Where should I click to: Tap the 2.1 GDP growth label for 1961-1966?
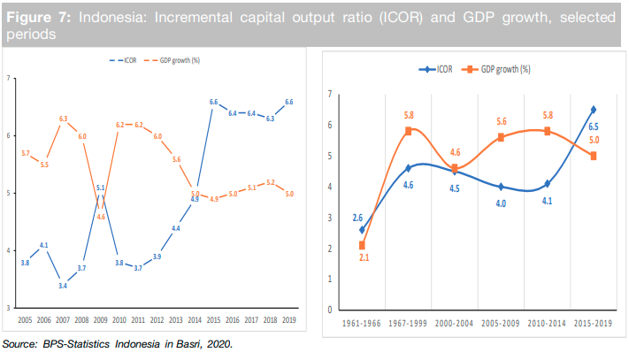363,258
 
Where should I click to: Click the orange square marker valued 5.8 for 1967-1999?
409,131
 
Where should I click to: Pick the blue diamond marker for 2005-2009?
501,187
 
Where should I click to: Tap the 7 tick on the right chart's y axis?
330,94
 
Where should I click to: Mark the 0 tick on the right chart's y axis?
330,310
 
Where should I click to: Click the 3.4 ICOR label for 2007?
63,286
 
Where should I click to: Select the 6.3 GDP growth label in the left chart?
63,118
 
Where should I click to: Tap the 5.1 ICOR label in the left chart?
101,188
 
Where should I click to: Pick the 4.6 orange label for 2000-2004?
455,153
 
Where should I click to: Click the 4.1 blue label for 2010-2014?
547,199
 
